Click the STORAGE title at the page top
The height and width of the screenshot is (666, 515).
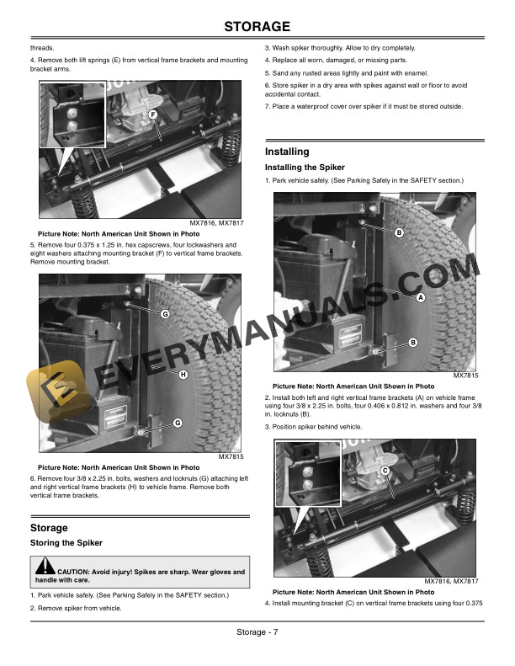(x=257, y=26)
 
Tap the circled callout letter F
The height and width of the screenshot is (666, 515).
(x=153, y=115)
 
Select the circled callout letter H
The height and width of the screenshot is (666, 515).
(x=183, y=374)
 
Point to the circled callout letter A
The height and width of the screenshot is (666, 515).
(x=420, y=297)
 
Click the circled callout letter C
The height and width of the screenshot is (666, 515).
(x=385, y=471)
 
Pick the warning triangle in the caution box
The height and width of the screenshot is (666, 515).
(x=45, y=566)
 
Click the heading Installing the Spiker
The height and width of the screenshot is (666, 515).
(x=305, y=168)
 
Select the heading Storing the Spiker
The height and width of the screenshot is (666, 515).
(x=66, y=543)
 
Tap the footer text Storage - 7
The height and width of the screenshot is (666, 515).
(x=257, y=632)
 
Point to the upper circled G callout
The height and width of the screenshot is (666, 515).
(x=165, y=314)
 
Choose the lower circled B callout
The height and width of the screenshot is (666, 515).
(x=412, y=343)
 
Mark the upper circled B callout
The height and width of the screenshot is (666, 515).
(x=399, y=232)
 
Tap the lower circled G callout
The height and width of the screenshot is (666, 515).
(x=178, y=423)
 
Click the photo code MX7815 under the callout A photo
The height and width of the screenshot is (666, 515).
(x=465, y=376)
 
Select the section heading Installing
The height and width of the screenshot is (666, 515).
(x=287, y=152)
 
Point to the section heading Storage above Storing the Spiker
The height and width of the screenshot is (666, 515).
(x=49, y=528)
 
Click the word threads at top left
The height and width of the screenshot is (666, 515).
(x=42, y=48)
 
